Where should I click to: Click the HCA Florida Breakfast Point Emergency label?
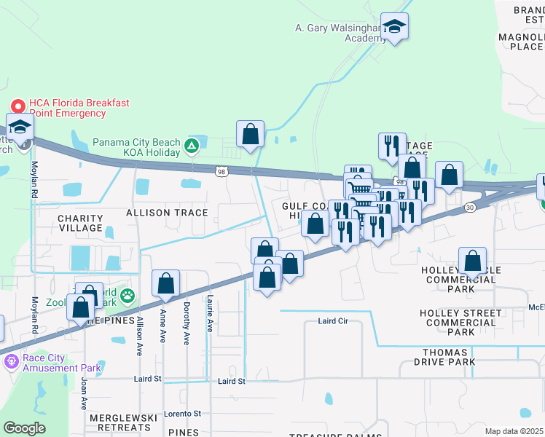coord(79,109)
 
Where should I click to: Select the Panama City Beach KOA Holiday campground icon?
coord(191,146)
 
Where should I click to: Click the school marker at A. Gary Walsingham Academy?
coord(394,26)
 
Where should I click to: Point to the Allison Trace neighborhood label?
coord(167,213)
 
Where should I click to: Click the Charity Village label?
coord(80,223)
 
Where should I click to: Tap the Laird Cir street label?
coord(335,321)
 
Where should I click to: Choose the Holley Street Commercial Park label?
coord(460,322)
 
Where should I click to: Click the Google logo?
coord(24,428)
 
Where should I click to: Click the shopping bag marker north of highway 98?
coord(250,134)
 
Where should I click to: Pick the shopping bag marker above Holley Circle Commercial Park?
coord(473,260)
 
